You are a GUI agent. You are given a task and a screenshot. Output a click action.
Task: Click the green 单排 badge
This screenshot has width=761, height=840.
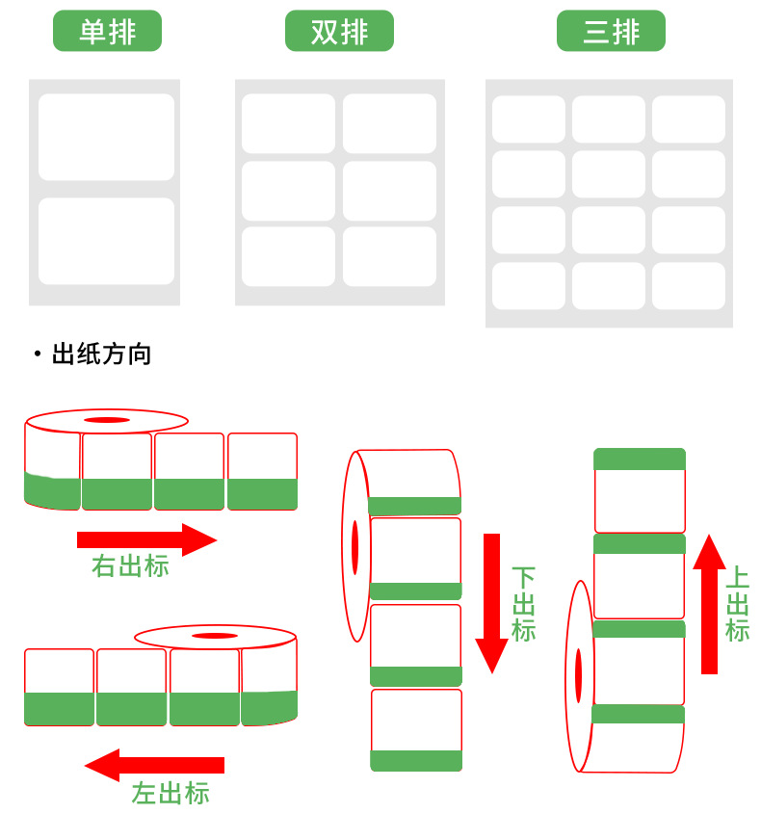point(107,31)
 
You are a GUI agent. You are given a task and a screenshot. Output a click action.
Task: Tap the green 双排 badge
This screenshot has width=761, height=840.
point(339,31)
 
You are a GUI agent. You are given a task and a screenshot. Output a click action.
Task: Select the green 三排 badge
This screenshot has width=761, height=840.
point(611,31)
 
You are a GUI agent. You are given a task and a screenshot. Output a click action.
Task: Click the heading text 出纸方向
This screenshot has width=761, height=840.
point(101,354)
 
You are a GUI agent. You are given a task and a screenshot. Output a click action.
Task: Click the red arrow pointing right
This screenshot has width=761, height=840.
point(146,539)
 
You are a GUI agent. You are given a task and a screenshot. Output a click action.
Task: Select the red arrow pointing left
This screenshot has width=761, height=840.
point(154,765)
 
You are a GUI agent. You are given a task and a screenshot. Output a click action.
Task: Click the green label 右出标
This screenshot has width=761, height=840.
point(130,565)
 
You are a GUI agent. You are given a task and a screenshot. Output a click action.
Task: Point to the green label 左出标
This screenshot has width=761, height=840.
point(171,793)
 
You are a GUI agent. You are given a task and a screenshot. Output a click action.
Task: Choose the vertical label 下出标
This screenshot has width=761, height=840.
point(523,604)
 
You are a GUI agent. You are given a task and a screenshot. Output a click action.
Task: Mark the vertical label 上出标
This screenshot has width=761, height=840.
point(737,604)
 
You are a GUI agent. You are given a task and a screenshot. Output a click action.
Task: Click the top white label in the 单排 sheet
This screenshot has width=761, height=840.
point(106,137)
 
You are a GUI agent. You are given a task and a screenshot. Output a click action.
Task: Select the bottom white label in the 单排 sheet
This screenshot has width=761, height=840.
point(106,241)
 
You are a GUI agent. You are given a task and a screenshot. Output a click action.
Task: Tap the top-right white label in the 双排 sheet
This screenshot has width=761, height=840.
point(389,123)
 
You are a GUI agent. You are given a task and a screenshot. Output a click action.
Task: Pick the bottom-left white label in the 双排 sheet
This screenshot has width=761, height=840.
point(288,256)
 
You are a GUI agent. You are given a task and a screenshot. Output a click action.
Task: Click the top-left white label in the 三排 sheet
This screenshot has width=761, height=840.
point(529,119)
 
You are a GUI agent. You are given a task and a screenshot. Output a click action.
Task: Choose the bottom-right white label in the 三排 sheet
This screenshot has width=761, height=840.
point(688,286)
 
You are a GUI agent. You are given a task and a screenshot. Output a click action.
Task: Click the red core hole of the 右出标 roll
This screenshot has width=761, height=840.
point(106,420)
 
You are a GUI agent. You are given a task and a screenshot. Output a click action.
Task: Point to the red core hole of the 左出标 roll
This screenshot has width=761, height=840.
point(214,636)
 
